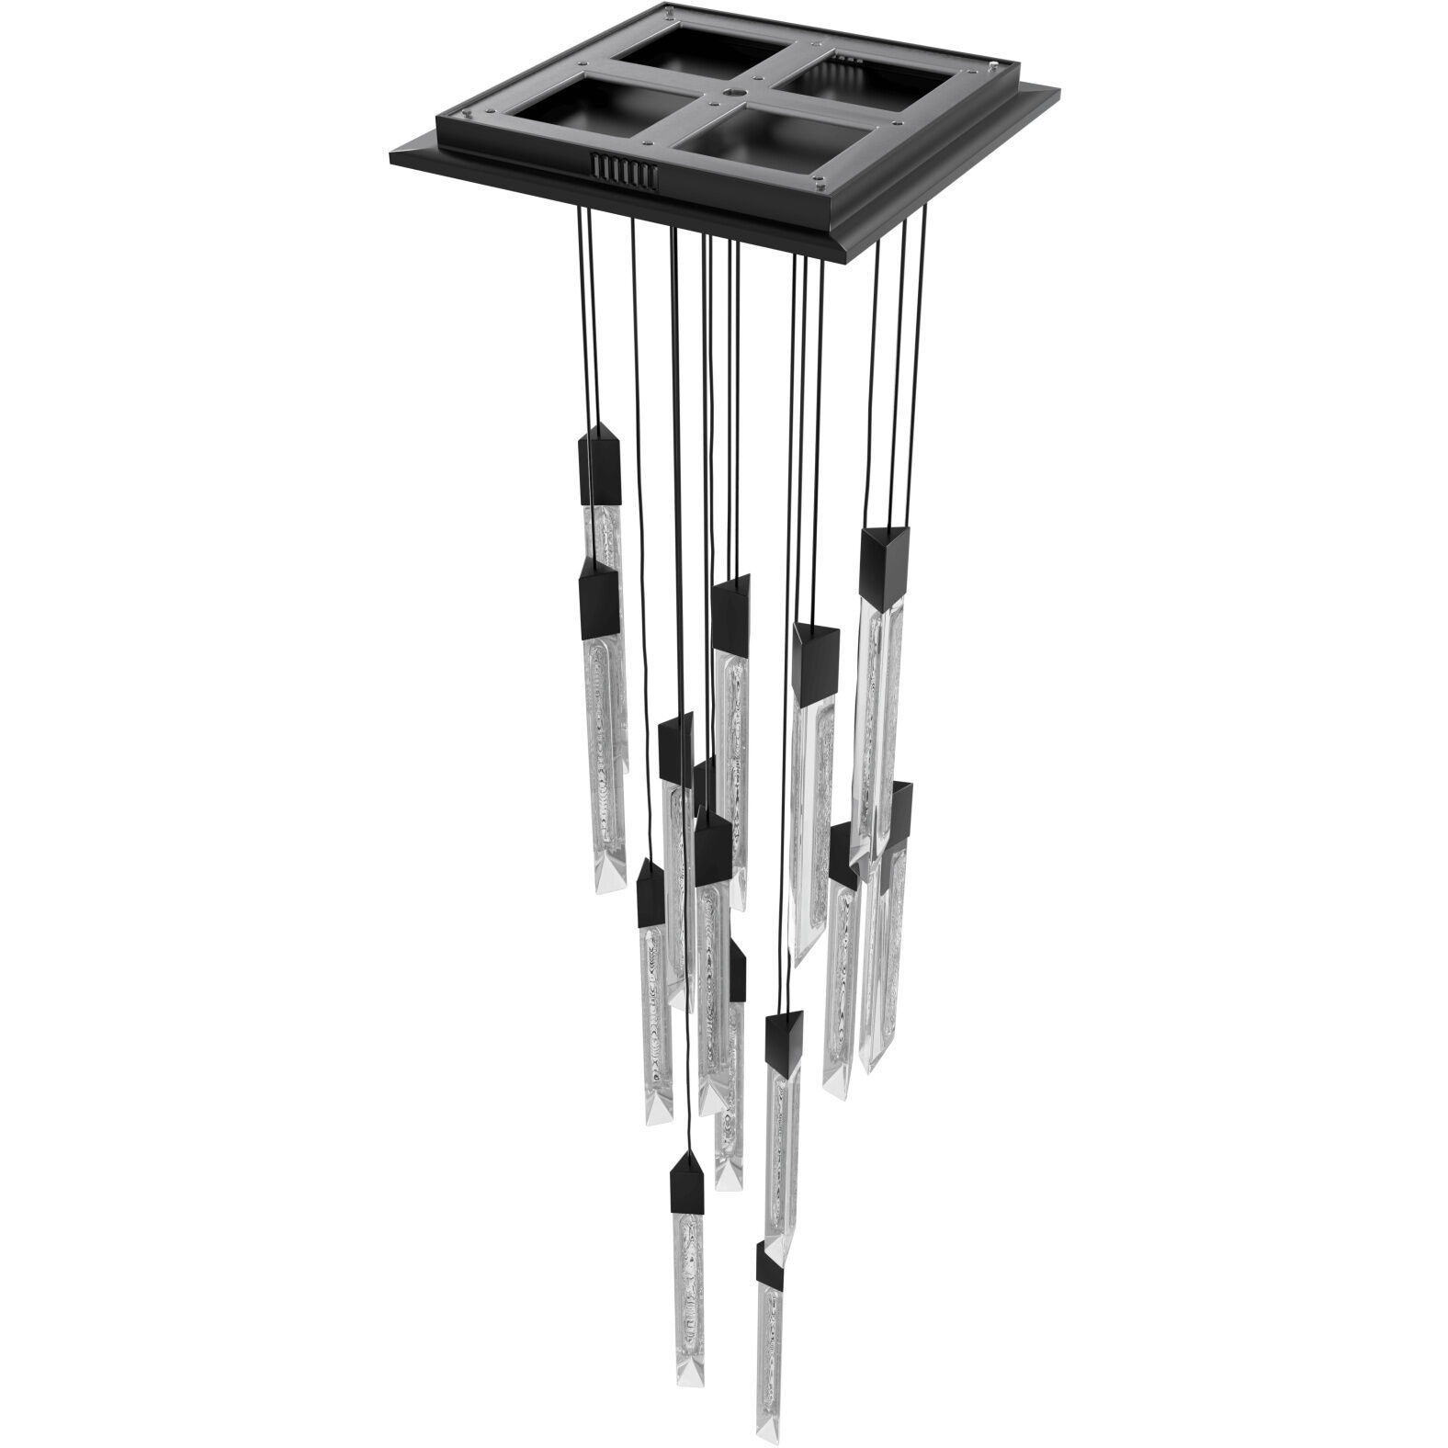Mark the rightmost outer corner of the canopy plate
coord(1060,92)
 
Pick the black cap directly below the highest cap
coord(598,601)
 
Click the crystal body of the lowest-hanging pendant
coord(770,1360)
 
